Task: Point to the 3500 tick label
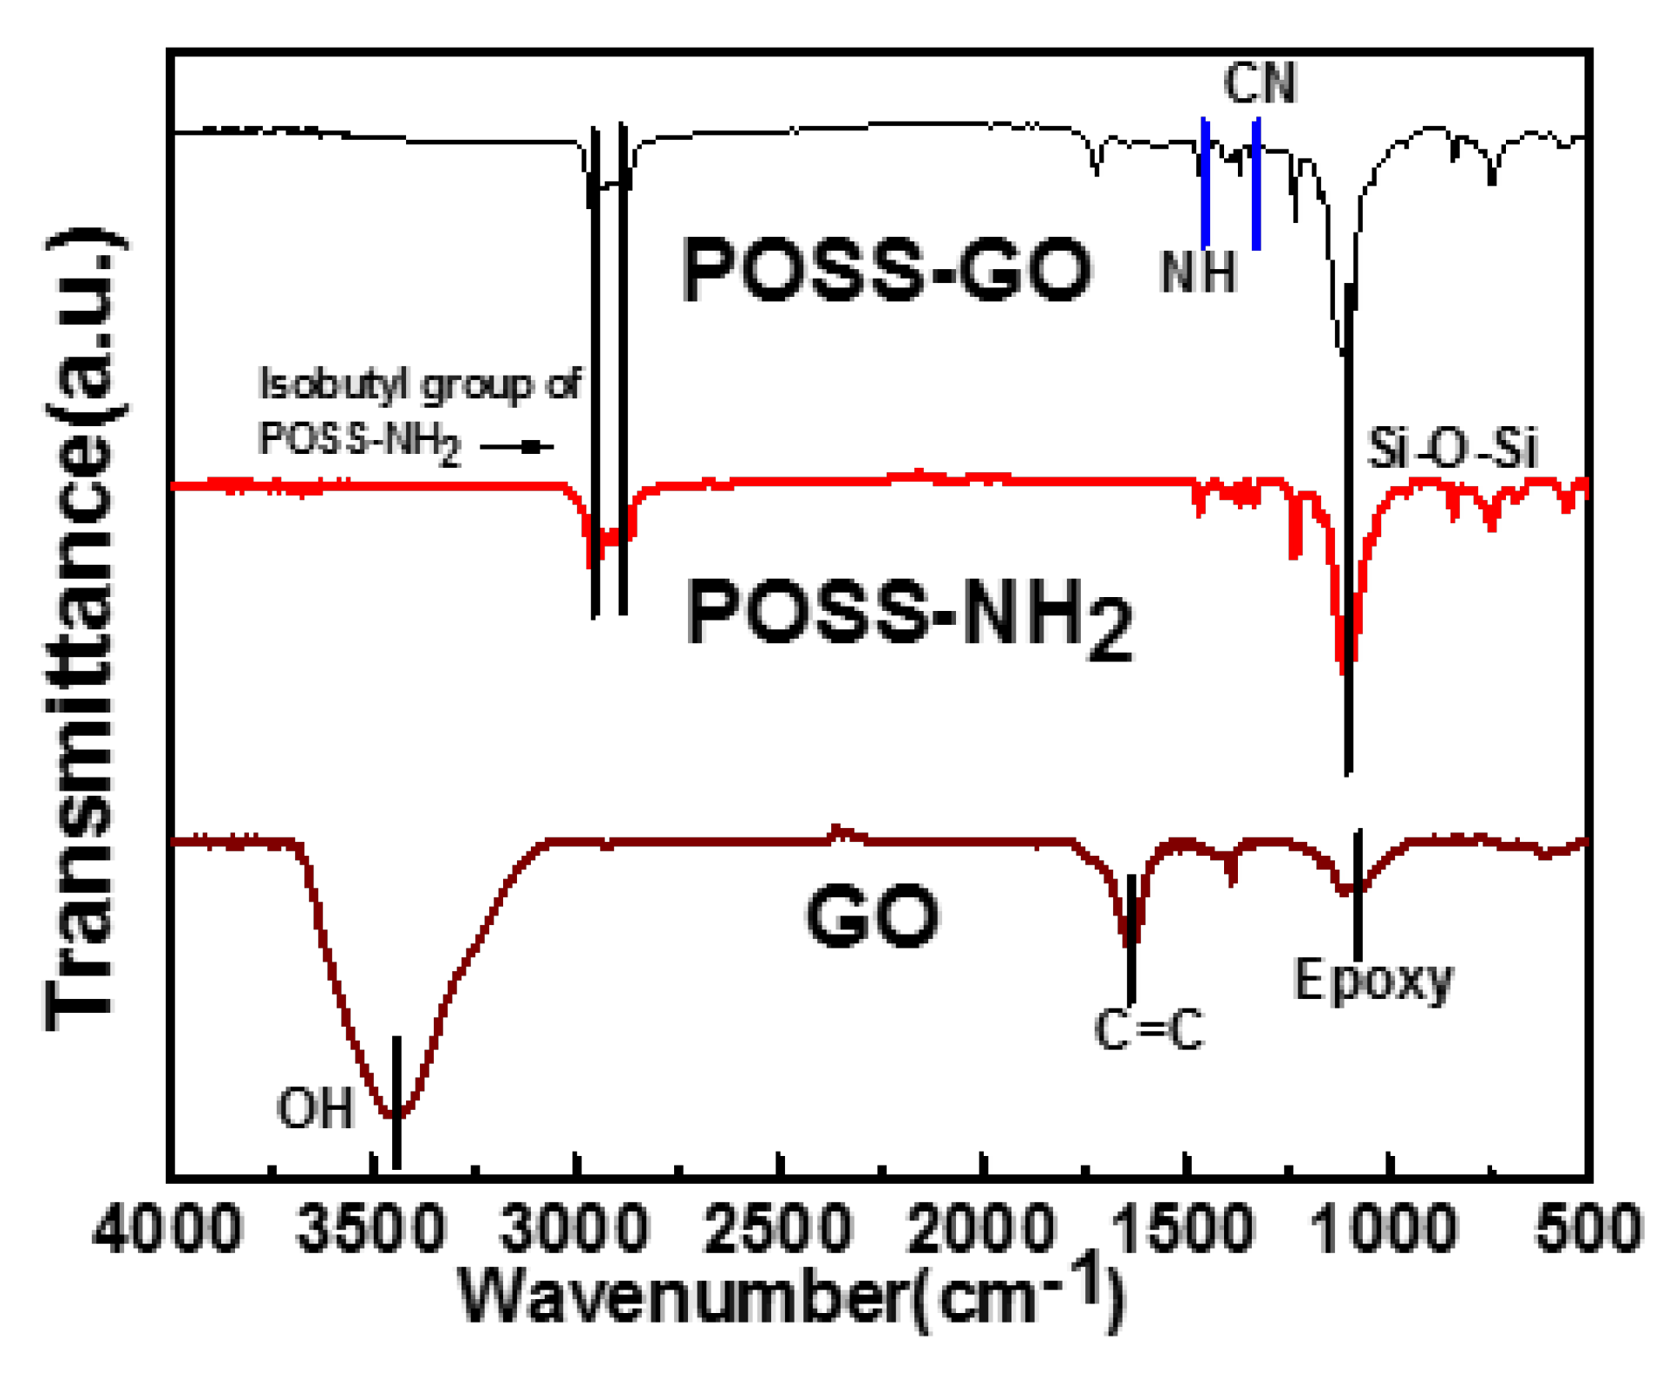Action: tap(371, 1230)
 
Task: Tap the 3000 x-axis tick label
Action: tap(575, 1230)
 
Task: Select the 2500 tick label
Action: tap(779, 1230)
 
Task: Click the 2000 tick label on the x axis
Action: tap(982, 1230)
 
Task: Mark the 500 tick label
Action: tap(1588, 1230)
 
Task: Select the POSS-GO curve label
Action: tap(887, 271)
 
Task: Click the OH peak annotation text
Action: tap(315, 1108)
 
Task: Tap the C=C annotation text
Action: tap(1149, 1030)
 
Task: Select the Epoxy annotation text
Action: tap(1373, 981)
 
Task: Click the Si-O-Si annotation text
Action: tap(1451, 450)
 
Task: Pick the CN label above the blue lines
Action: tap(1259, 83)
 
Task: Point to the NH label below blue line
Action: tap(1198, 273)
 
